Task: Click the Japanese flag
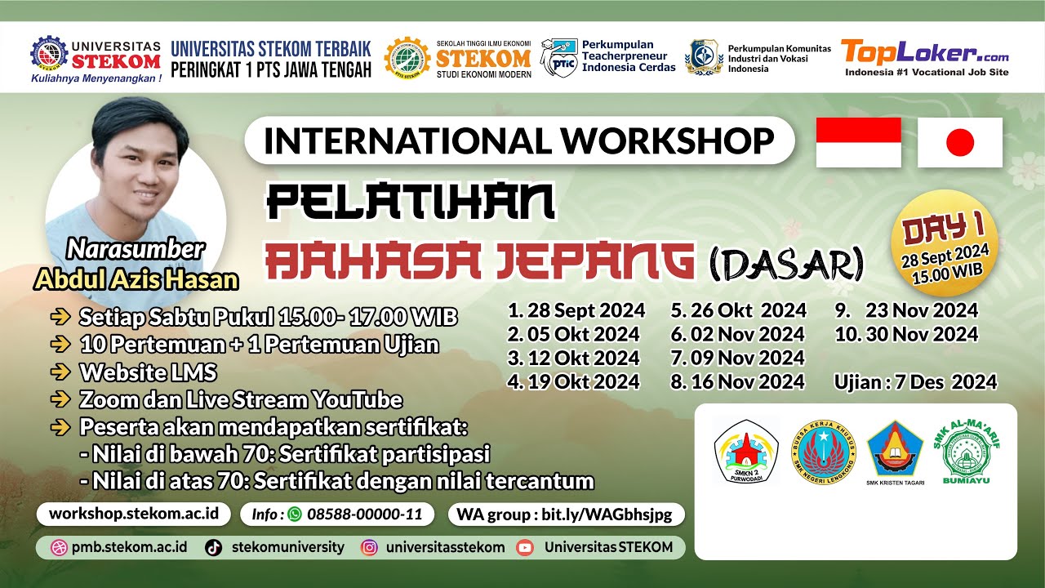coord(960,143)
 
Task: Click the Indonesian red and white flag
coord(858,143)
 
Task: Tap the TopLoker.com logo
coord(926,57)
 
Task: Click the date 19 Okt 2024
coord(574,381)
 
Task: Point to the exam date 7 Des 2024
coord(915,381)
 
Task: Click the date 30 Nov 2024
coord(906,334)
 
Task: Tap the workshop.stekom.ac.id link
coord(134,514)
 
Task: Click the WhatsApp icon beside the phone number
coord(295,514)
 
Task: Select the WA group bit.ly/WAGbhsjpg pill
coord(565,514)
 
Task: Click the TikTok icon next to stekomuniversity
coord(214,547)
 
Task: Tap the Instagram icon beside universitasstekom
coord(369,547)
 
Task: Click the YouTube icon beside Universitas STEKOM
coord(525,547)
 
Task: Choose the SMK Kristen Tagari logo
coord(895,452)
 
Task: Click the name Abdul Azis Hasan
coord(136,280)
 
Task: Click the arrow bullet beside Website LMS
coord(60,372)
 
